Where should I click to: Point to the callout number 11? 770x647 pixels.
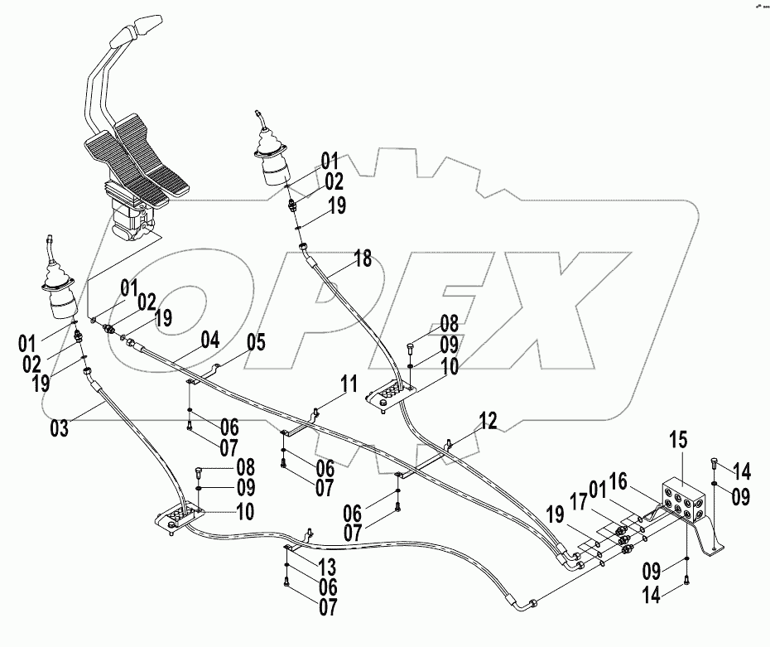coord(350,384)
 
